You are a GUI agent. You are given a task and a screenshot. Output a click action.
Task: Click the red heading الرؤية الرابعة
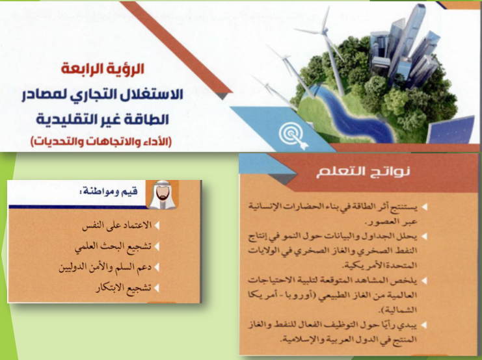103,68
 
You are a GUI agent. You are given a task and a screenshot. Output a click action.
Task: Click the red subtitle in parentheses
101,141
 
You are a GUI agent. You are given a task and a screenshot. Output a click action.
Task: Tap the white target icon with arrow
292,135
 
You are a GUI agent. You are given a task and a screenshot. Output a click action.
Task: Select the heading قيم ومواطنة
108,192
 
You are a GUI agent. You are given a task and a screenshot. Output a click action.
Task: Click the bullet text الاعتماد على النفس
117,225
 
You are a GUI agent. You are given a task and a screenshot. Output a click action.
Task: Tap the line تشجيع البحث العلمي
113,246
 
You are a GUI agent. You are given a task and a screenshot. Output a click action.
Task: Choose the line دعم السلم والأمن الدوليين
105,267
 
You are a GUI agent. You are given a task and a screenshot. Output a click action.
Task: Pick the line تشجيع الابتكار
124,288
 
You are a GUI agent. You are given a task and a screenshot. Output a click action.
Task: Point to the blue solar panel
452,131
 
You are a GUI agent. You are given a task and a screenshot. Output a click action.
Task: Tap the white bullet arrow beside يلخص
424,281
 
